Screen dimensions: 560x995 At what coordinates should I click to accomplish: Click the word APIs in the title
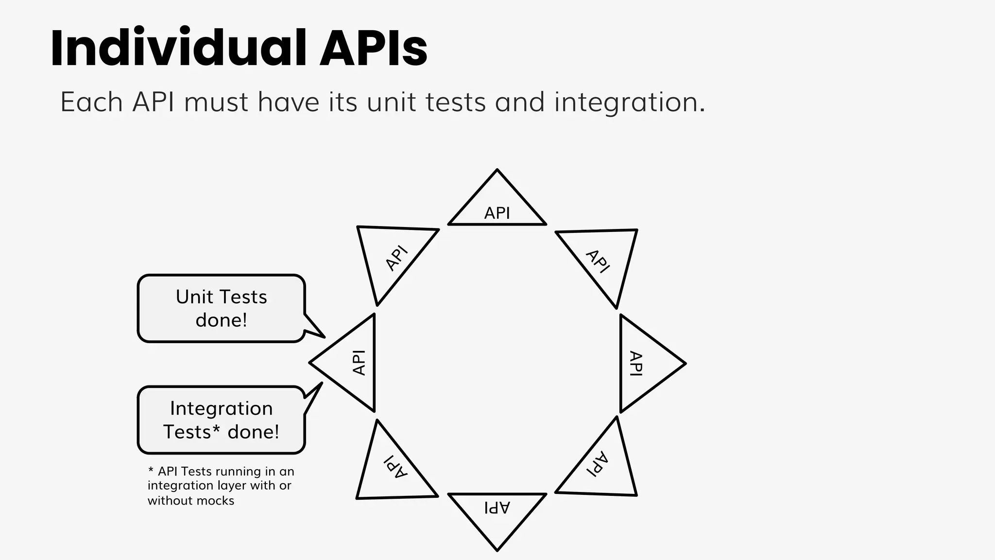click(373, 48)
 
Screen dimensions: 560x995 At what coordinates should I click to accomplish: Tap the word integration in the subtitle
click(629, 103)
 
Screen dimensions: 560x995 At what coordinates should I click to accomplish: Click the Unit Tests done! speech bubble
click(221, 309)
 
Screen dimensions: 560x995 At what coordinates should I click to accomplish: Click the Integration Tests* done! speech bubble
click(221, 420)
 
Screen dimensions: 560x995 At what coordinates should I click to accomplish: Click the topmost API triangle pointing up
click(497, 207)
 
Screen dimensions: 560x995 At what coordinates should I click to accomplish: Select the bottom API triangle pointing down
click(497, 513)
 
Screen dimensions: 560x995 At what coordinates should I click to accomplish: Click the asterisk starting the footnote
click(151, 471)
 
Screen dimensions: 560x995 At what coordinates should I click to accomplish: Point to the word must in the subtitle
click(216, 103)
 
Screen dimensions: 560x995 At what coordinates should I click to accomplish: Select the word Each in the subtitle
click(91, 103)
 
